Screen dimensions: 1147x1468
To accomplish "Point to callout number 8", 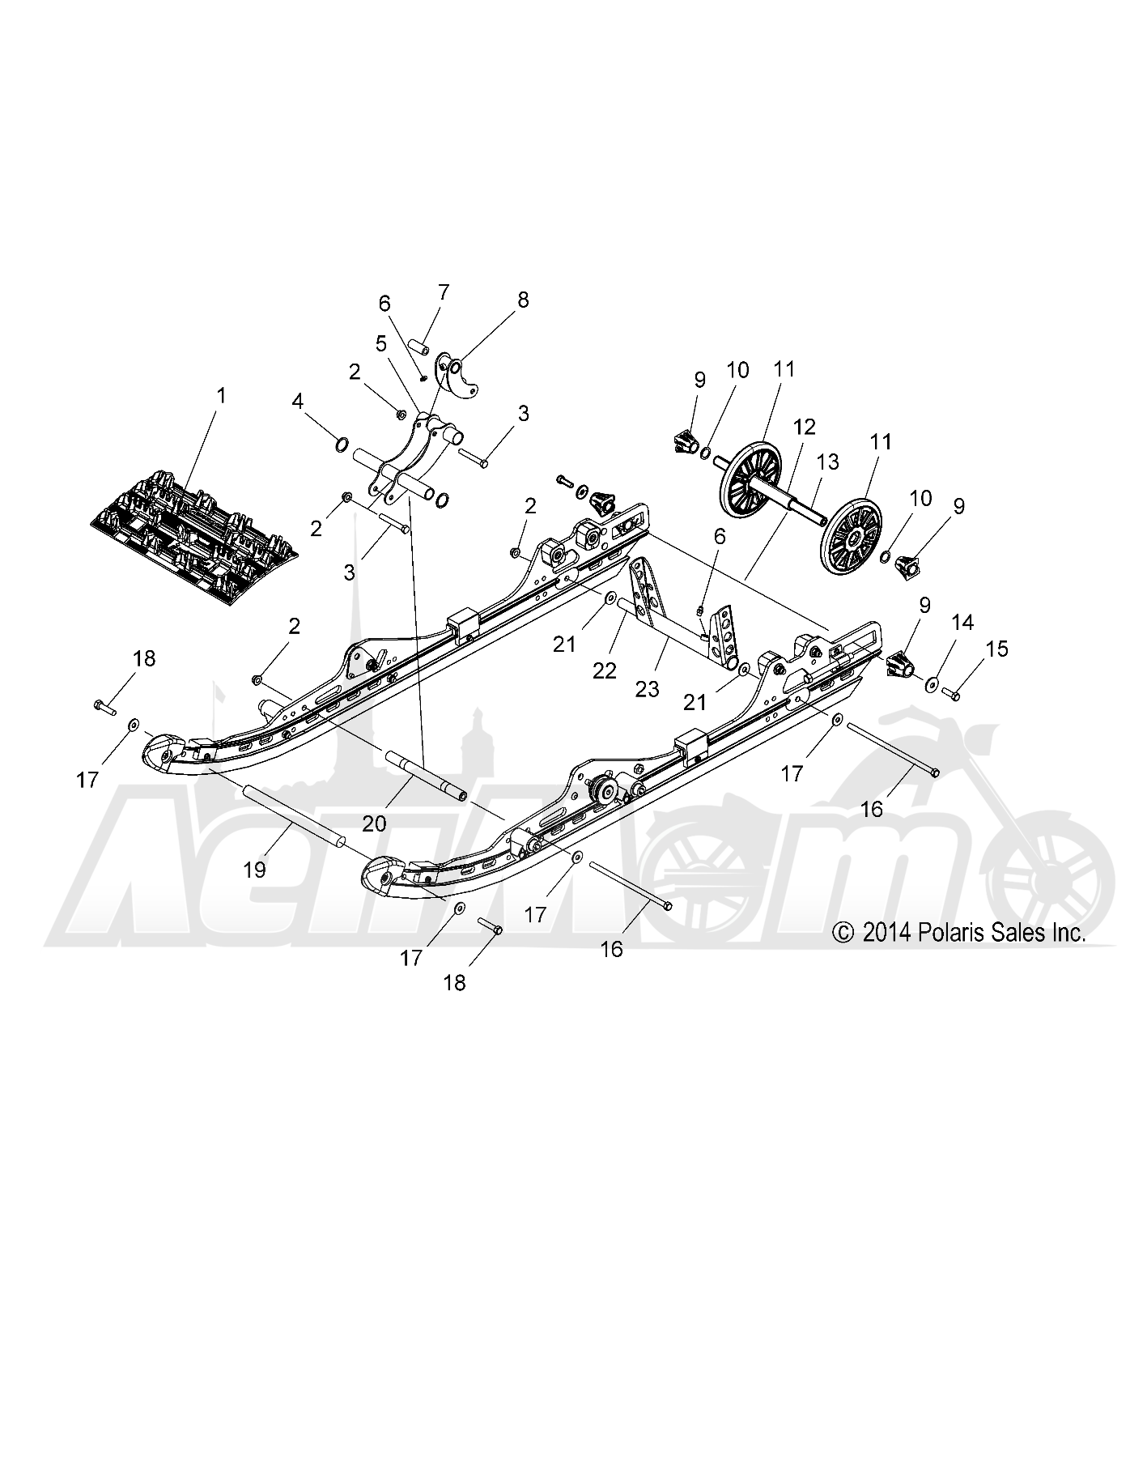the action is point(523,300).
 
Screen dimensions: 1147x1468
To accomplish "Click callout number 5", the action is point(381,343).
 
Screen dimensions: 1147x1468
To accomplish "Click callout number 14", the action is point(962,623).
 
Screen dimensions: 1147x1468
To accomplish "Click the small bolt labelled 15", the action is point(951,693).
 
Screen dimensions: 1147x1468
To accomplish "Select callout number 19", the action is point(254,870).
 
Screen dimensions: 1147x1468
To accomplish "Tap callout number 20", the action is point(374,824).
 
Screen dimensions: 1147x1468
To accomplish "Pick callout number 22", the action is point(605,670).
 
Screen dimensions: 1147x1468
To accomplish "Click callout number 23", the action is point(647,688).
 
